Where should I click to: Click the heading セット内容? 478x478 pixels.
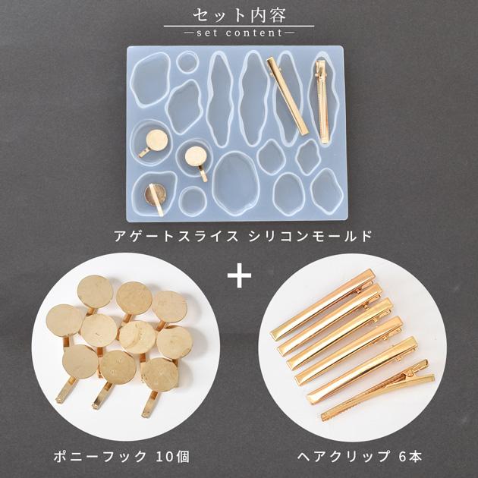[239, 15]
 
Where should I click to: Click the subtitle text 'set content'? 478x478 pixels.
[240, 33]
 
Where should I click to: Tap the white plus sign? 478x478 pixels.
[239, 275]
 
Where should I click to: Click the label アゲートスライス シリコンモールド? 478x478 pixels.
[243, 236]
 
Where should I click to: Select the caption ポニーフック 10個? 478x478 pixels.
[121, 457]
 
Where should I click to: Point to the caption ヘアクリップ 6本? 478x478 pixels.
[360, 457]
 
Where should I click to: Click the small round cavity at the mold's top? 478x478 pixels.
[187, 62]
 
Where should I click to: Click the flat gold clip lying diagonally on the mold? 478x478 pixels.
[288, 96]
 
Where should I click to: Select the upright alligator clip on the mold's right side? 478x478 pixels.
[322, 102]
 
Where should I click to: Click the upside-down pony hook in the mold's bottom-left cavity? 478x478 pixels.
[156, 198]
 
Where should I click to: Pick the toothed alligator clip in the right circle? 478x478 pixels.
[378, 390]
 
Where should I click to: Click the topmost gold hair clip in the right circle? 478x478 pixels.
[322, 304]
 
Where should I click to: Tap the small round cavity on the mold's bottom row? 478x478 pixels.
[193, 201]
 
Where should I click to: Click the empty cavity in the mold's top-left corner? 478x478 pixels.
[150, 79]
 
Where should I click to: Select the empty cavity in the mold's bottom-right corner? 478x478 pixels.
[327, 191]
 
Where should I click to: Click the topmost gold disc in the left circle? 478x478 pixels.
[95, 292]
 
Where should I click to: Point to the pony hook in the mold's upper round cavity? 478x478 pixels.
[154, 143]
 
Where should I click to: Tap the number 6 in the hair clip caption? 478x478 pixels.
[402, 457]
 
